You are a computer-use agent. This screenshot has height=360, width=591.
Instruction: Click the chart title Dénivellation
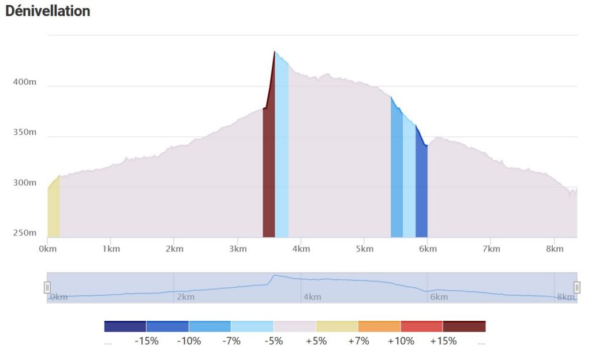(x=47, y=11)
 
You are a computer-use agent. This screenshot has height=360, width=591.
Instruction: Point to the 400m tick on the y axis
(x=25, y=82)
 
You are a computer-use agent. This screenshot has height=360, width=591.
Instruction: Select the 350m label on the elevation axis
(x=25, y=133)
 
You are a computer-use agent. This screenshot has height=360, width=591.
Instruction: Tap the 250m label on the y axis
(x=25, y=233)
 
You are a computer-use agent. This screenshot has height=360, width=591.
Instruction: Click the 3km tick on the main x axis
(x=237, y=249)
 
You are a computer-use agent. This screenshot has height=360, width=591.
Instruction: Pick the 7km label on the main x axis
(x=491, y=249)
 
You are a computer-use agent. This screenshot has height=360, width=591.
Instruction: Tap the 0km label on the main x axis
(x=47, y=249)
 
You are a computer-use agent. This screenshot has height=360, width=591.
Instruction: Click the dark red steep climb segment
(x=268, y=173)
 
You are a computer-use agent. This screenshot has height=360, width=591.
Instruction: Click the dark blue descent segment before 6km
(x=421, y=190)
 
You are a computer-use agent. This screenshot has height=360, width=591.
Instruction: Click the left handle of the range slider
(x=47, y=287)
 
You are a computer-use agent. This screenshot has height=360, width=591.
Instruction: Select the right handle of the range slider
(x=577, y=287)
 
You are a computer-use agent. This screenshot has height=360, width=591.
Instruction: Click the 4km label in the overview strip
(x=312, y=297)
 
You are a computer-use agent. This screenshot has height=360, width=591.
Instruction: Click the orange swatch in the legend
(x=379, y=327)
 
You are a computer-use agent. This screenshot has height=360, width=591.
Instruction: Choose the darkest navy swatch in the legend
(x=125, y=327)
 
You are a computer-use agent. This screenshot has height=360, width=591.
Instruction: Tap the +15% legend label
(x=443, y=341)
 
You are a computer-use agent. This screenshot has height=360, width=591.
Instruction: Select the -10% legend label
(x=189, y=341)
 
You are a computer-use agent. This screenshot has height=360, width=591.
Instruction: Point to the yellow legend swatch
(x=337, y=327)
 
